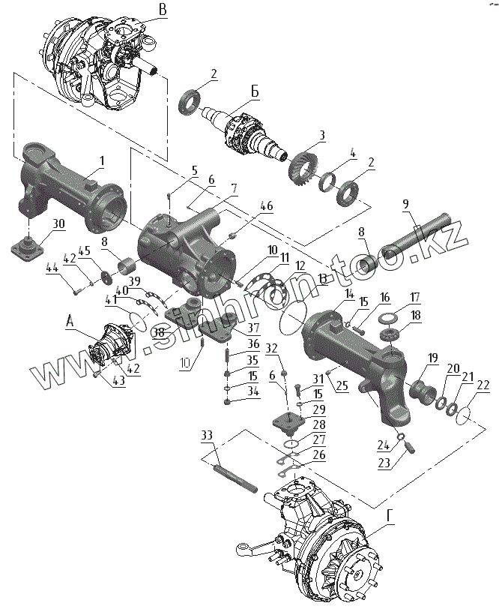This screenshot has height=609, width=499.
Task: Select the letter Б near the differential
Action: pos(255,91)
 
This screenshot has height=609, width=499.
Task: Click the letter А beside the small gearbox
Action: pos(70,320)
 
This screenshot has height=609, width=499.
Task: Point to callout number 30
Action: pos(58,223)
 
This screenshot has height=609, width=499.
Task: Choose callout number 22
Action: pos(483,385)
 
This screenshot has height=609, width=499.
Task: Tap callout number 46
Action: pos(267,206)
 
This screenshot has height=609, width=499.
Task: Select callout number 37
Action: pos(255,328)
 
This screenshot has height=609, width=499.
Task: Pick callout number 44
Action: pos(52,268)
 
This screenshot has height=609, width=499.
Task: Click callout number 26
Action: pos(319,456)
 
